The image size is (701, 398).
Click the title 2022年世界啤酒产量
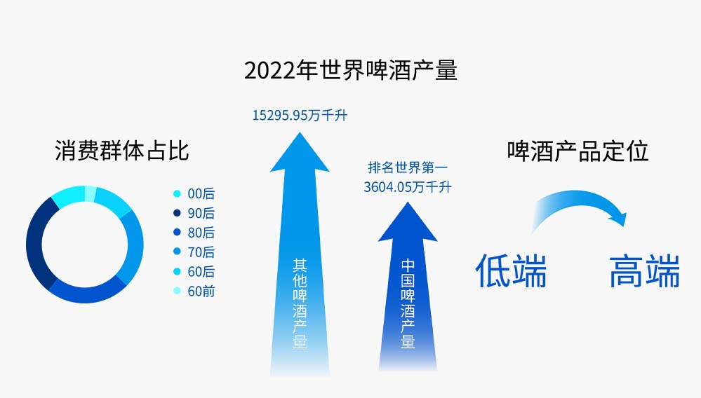pos(351,71)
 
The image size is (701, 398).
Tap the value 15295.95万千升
pos(300,116)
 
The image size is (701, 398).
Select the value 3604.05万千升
pos(407,187)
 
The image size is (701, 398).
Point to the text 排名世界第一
pos(407,167)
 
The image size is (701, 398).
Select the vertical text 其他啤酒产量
pos(300,303)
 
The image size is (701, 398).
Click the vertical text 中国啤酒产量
pos(408,303)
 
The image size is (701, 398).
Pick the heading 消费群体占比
pos(121,151)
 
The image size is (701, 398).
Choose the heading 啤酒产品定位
pos(578,151)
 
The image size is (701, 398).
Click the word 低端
pos(511,271)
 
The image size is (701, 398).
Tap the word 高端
pos(645,271)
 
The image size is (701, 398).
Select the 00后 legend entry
pos(194,193)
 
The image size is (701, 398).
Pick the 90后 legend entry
pos(194,213)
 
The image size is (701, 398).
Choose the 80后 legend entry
pos(194,233)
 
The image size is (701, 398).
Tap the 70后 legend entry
pos(194,252)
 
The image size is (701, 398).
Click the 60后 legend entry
pos(194,272)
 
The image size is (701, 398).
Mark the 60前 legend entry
pos(194,291)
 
